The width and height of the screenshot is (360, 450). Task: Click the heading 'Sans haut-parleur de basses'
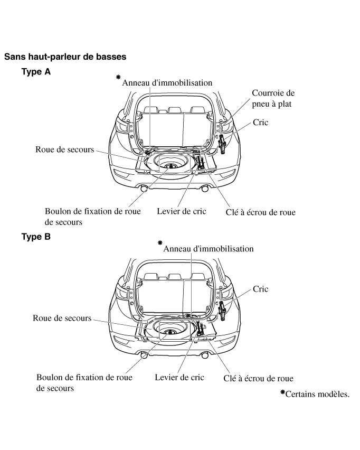click(x=65, y=55)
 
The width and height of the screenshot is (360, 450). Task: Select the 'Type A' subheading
click(x=36, y=71)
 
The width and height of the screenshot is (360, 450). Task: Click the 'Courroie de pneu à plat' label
click(x=273, y=98)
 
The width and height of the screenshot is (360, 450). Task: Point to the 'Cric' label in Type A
click(x=260, y=123)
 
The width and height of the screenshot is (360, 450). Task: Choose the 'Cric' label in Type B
click(x=260, y=289)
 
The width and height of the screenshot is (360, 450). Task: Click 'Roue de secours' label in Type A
click(x=64, y=149)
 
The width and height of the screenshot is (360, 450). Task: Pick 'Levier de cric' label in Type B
click(x=179, y=378)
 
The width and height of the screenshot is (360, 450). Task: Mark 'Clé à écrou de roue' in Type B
click(x=258, y=378)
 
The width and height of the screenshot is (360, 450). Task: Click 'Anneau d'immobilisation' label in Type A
click(x=167, y=82)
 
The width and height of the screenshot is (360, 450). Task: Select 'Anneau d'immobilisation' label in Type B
click(x=208, y=248)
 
